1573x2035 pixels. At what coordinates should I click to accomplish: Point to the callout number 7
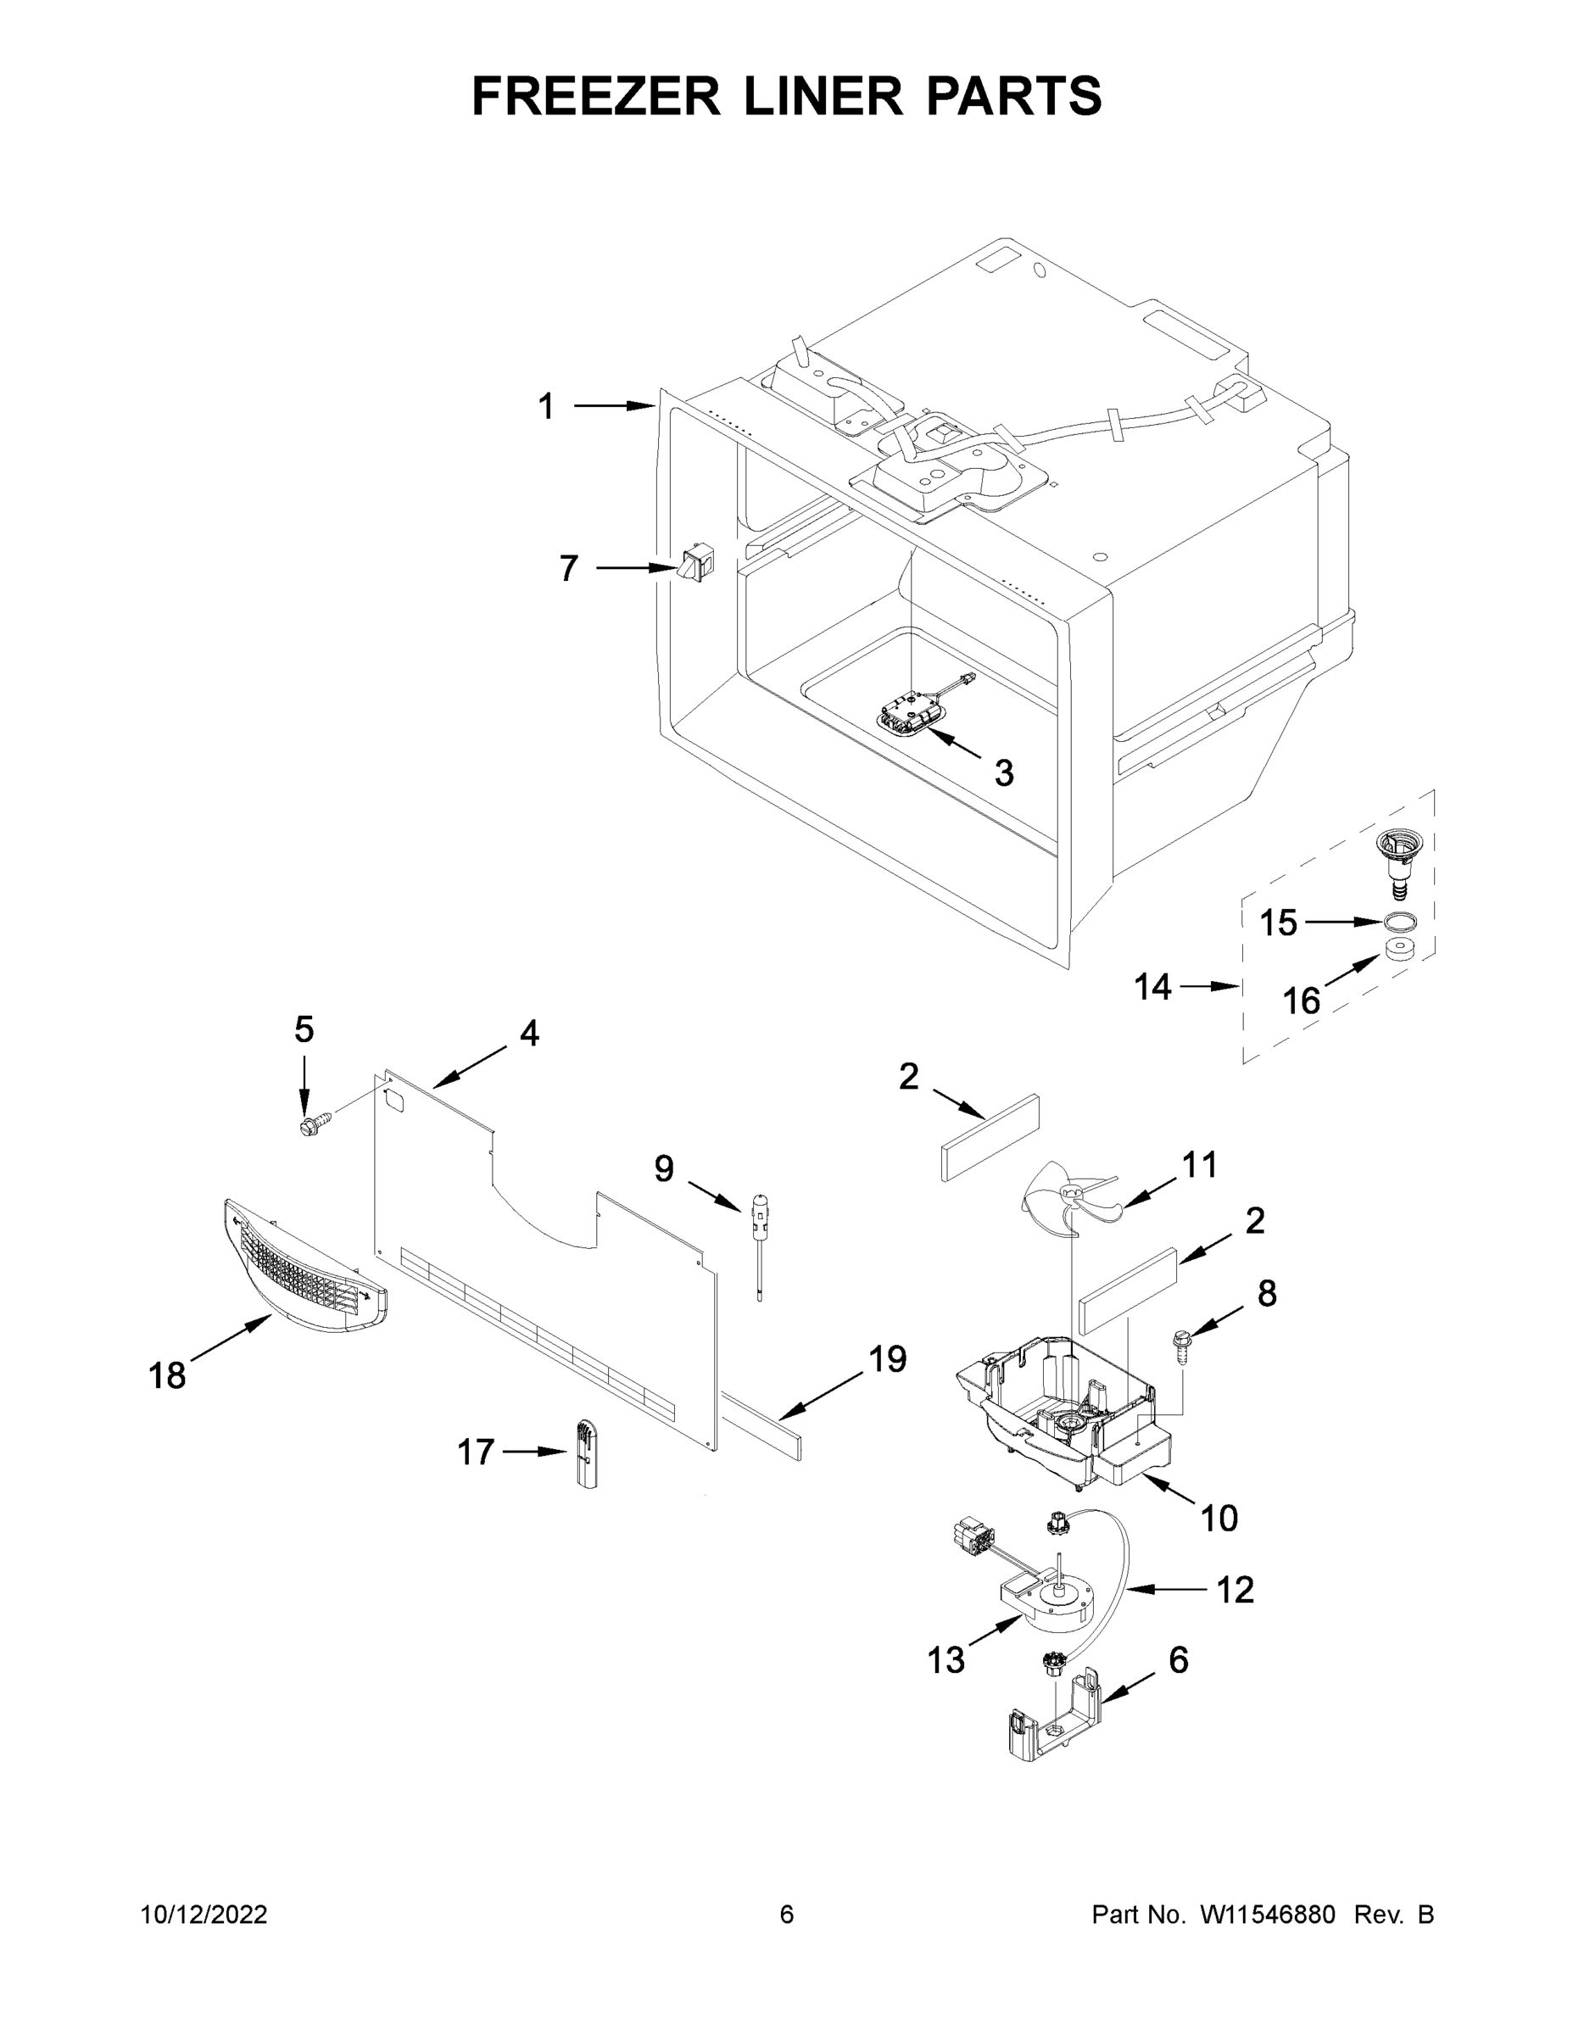(568, 568)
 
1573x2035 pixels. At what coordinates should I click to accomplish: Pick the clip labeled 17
(585, 1453)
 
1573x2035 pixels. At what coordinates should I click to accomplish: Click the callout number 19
(887, 1359)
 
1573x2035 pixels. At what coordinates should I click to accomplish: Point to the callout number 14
(1152, 987)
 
